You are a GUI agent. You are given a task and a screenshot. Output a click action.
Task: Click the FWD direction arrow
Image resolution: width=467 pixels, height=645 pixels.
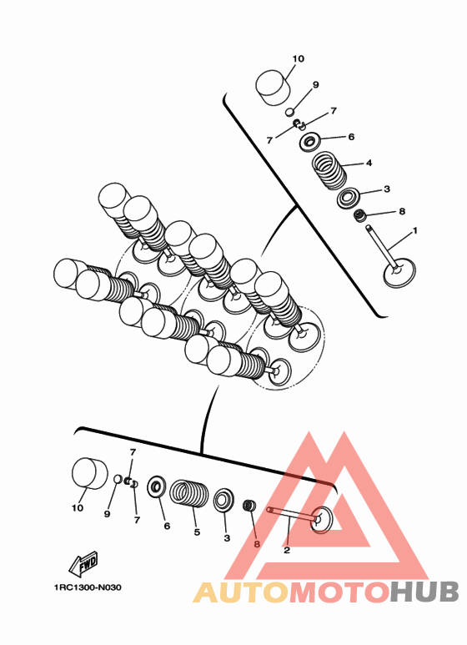coord(83,563)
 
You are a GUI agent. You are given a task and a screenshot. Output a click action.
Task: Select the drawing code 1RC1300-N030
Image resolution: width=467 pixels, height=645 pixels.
coord(88,587)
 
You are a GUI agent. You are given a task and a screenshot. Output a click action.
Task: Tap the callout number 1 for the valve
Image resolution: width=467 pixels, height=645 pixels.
coord(414,230)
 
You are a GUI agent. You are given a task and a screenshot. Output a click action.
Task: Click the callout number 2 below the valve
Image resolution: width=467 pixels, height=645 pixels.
coord(287,550)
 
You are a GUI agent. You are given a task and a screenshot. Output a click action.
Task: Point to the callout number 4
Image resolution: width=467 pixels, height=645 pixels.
coord(369,163)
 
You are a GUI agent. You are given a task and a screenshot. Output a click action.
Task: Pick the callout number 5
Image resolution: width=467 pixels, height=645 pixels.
coord(197,532)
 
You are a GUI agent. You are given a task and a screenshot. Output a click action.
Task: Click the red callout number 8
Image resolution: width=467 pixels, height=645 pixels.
coord(257,544)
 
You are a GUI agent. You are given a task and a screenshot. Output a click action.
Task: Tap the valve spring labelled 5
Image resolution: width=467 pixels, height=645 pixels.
coord(189,493)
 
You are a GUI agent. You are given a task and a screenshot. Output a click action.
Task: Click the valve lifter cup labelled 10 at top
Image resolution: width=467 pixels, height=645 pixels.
coord(273,88)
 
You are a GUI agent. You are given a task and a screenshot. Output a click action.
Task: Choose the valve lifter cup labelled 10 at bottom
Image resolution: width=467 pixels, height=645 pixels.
coord(89,473)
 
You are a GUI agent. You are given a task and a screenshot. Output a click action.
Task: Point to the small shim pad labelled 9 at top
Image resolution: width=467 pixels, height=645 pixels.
coord(290,112)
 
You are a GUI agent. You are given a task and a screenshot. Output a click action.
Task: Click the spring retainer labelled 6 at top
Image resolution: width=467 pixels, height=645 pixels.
coord(310,142)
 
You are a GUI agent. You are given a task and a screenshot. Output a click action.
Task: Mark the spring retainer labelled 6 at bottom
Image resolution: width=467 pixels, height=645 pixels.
coord(157,486)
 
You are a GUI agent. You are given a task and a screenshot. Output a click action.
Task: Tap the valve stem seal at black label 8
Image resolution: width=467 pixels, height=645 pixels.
coord(360,215)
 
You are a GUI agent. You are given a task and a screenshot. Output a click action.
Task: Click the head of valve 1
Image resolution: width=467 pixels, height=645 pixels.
coord(399,272)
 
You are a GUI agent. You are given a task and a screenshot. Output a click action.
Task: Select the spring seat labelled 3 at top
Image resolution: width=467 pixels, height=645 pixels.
coord(349,199)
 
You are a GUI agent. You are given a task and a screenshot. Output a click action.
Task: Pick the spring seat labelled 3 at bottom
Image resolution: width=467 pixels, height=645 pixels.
coord(223,500)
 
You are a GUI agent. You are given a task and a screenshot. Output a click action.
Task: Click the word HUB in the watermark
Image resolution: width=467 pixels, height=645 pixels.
coord(424,592)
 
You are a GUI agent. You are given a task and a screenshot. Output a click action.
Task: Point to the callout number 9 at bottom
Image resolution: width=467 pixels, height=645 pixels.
coord(107,514)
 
